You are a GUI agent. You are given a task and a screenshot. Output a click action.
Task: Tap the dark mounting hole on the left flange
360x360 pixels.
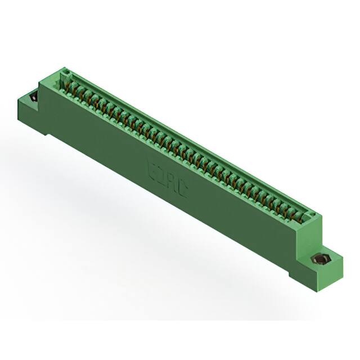(x=33, y=97)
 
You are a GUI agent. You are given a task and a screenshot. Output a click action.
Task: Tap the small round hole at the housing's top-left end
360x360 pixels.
(x=65, y=73)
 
